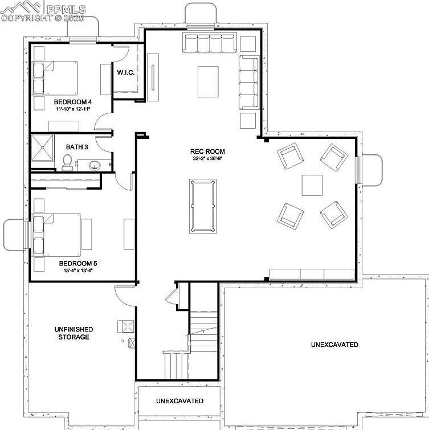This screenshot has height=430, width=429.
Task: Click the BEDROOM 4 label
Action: pos(73,101)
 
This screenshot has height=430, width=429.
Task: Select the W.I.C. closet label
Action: pos(125,73)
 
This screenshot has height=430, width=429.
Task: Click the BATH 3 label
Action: pos(76,147)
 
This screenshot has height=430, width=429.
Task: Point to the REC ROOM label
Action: pos(207,151)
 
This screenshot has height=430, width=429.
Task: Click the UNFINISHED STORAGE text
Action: pos(73,333)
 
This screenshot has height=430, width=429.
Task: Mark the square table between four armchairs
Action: pos(313,185)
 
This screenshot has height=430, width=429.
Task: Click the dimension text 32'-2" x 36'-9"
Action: pos(208,159)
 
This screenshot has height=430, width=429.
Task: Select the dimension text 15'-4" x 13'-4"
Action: pos(78,271)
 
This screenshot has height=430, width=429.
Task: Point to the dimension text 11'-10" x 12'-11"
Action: pos(73,109)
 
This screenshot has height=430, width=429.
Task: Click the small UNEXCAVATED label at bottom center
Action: pos(179,401)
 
